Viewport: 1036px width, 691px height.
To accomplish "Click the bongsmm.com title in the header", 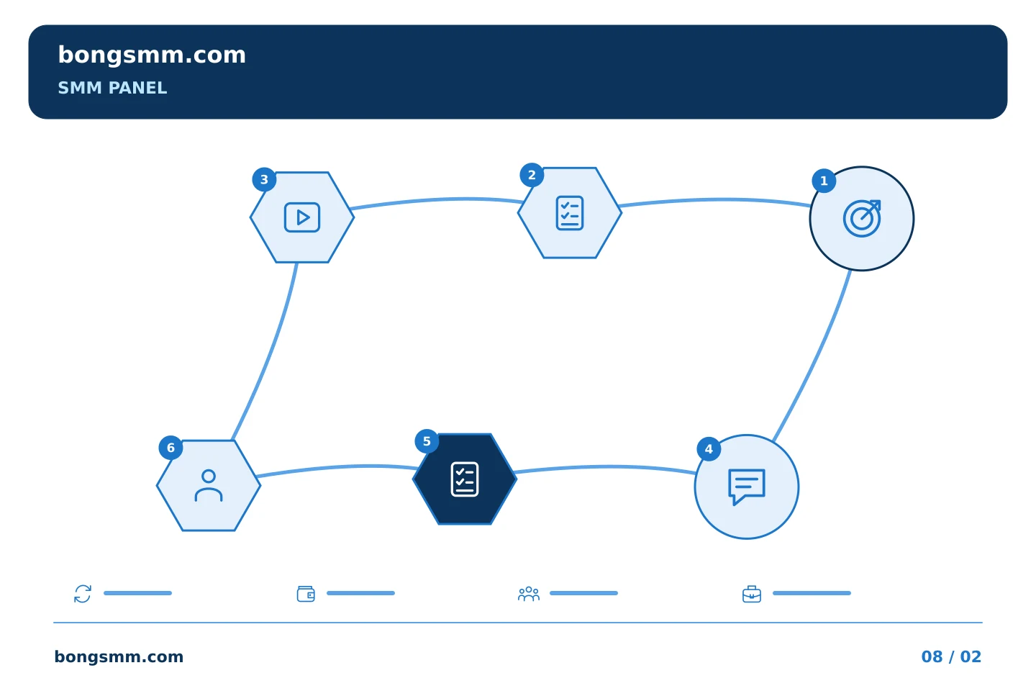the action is (152, 55).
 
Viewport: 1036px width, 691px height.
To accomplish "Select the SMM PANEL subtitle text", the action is (112, 88).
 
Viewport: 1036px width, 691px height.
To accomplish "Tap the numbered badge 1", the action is (824, 181).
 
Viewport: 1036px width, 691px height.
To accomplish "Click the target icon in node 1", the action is (862, 218).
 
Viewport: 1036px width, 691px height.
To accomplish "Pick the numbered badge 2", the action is (532, 175).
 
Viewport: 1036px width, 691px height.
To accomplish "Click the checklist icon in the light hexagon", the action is (570, 213).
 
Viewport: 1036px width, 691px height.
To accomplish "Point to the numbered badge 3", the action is (264, 179).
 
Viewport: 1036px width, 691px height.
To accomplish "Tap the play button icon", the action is (302, 217).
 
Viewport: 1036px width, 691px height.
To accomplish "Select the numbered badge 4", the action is (709, 449).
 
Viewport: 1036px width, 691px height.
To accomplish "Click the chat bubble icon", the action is (747, 487).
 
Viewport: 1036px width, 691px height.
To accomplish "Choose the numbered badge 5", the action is (427, 441).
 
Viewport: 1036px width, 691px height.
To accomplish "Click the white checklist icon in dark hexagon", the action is (465, 479).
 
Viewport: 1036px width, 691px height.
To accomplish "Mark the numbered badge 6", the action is (171, 448).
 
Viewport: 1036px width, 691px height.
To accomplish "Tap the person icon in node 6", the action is (209, 486).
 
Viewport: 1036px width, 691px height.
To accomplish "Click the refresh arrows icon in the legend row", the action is (83, 594).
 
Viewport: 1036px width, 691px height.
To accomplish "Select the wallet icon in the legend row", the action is (306, 594).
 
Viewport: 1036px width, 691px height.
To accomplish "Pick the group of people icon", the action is (529, 594).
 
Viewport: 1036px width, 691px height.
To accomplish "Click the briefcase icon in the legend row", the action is (752, 595).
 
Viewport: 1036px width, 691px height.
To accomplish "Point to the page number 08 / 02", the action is (951, 657).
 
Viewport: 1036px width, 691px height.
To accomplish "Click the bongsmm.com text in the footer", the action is (119, 657).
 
